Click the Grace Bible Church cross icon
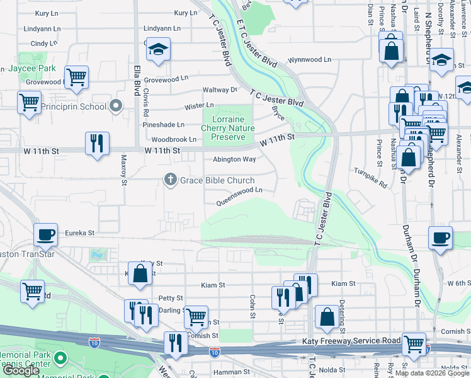click(169, 180)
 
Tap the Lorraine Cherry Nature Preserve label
click(227, 128)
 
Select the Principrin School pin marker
click(115, 106)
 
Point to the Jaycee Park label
click(32, 68)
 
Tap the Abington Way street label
click(234, 159)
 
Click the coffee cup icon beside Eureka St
click(45, 235)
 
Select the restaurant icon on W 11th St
click(97, 143)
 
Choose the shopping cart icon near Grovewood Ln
click(76, 77)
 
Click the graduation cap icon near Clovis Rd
click(158, 49)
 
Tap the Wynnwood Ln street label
click(309, 60)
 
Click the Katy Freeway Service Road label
click(348, 341)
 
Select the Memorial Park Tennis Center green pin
click(60, 358)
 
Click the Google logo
click(21, 370)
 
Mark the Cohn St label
click(253, 306)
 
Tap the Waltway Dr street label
click(220, 90)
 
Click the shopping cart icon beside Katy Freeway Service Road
click(413, 344)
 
